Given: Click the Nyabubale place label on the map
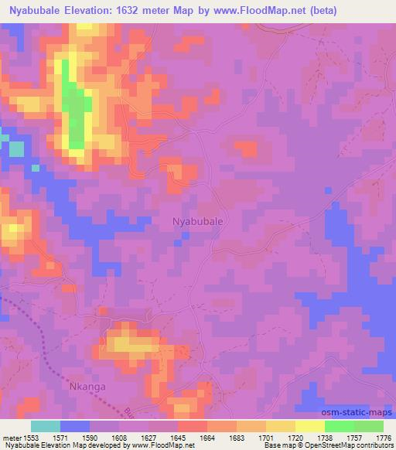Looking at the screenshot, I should click(197, 221).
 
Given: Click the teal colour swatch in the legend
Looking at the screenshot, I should click(46, 425).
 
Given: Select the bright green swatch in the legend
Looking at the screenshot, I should click(340, 425).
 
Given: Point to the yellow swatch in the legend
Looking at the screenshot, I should click(310, 425).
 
